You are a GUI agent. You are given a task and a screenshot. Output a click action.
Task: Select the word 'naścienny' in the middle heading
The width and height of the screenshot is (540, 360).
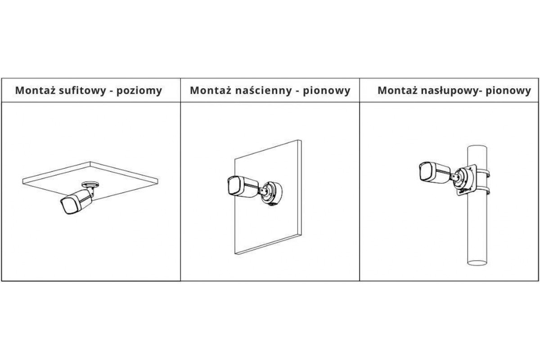coord(263,90)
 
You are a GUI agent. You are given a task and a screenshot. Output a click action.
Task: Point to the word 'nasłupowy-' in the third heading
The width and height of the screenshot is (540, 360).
coord(450,91)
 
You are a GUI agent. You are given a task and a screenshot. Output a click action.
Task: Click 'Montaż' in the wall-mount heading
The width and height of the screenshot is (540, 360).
coord(210,90)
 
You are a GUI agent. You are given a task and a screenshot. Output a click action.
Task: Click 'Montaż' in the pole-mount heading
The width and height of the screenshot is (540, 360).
coord(397,90)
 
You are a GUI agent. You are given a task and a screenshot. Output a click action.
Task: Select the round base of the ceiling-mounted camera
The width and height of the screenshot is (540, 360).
coord(90,184)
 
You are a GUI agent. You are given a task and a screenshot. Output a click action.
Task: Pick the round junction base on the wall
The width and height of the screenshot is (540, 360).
coord(272,193)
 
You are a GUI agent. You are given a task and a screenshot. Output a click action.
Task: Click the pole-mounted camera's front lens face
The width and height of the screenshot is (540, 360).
coord(425,171)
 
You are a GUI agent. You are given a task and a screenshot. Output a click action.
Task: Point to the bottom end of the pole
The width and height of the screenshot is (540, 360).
coord(477,263)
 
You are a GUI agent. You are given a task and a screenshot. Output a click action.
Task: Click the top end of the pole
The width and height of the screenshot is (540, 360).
coord(477,148)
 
